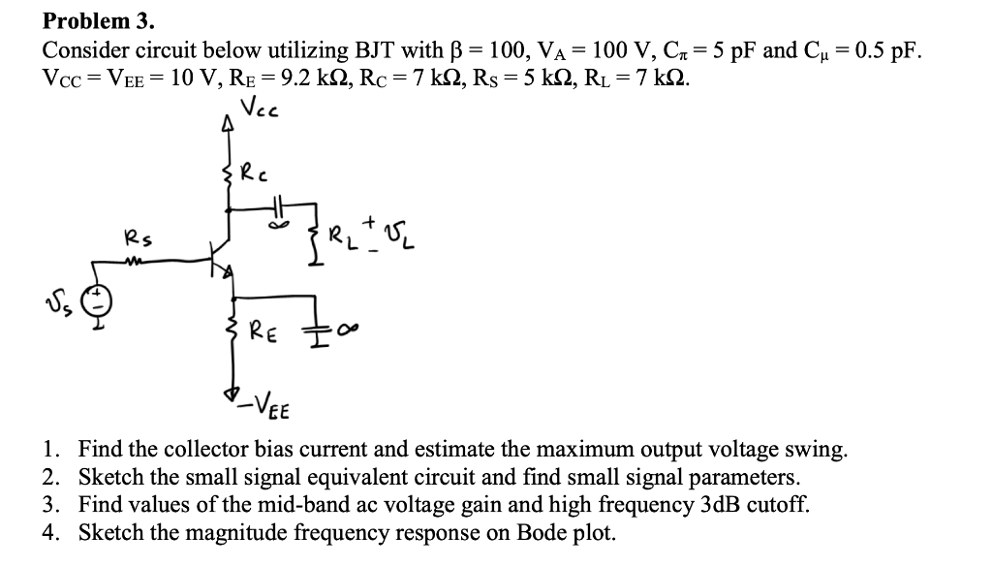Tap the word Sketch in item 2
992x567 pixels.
[108, 478]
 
